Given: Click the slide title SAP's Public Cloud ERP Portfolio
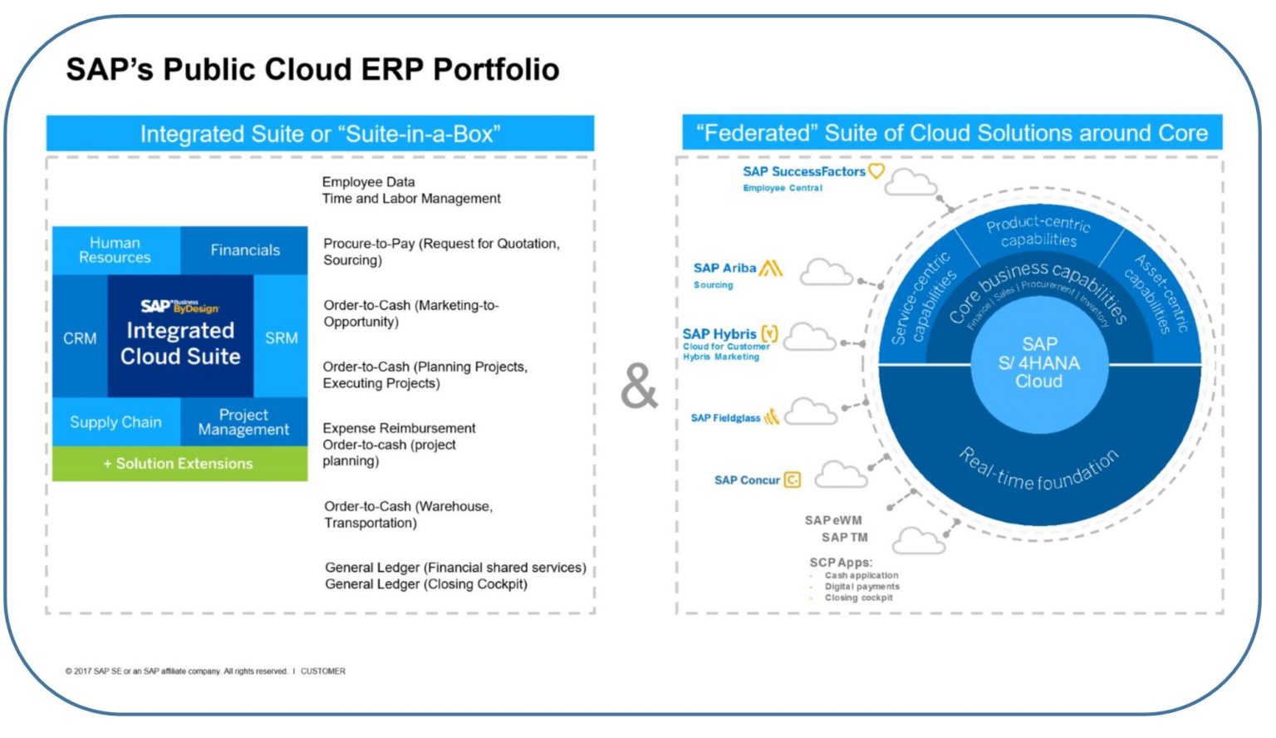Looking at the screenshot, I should [x=312, y=69].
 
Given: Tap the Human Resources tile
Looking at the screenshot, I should [x=115, y=250].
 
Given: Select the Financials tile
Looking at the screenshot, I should [x=245, y=250].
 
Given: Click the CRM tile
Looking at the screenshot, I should [x=80, y=338].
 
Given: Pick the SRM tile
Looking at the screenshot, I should [x=281, y=338].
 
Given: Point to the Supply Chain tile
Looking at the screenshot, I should [x=115, y=422].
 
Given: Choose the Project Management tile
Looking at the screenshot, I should [x=243, y=422].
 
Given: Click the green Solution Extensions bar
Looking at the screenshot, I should [x=179, y=464].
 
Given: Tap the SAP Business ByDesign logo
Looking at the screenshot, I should [x=179, y=307].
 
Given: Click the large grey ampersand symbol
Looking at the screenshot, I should [x=639, y=386].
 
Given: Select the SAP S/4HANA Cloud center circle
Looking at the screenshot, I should [x=1038, y=363].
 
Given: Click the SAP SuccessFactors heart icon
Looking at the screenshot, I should [x=876, y=171].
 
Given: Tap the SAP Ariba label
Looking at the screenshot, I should [x=724, y=268].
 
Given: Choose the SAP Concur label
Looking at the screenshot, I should [x=747, y=480].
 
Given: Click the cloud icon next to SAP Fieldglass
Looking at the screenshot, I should [x=810, y=411].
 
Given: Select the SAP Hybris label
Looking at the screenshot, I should [x=719, y=334].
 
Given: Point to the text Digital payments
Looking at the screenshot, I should [x=861, y=587].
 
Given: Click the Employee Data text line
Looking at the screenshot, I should [x=368, y=182].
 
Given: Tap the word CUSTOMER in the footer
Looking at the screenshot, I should [x=323, y=672].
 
